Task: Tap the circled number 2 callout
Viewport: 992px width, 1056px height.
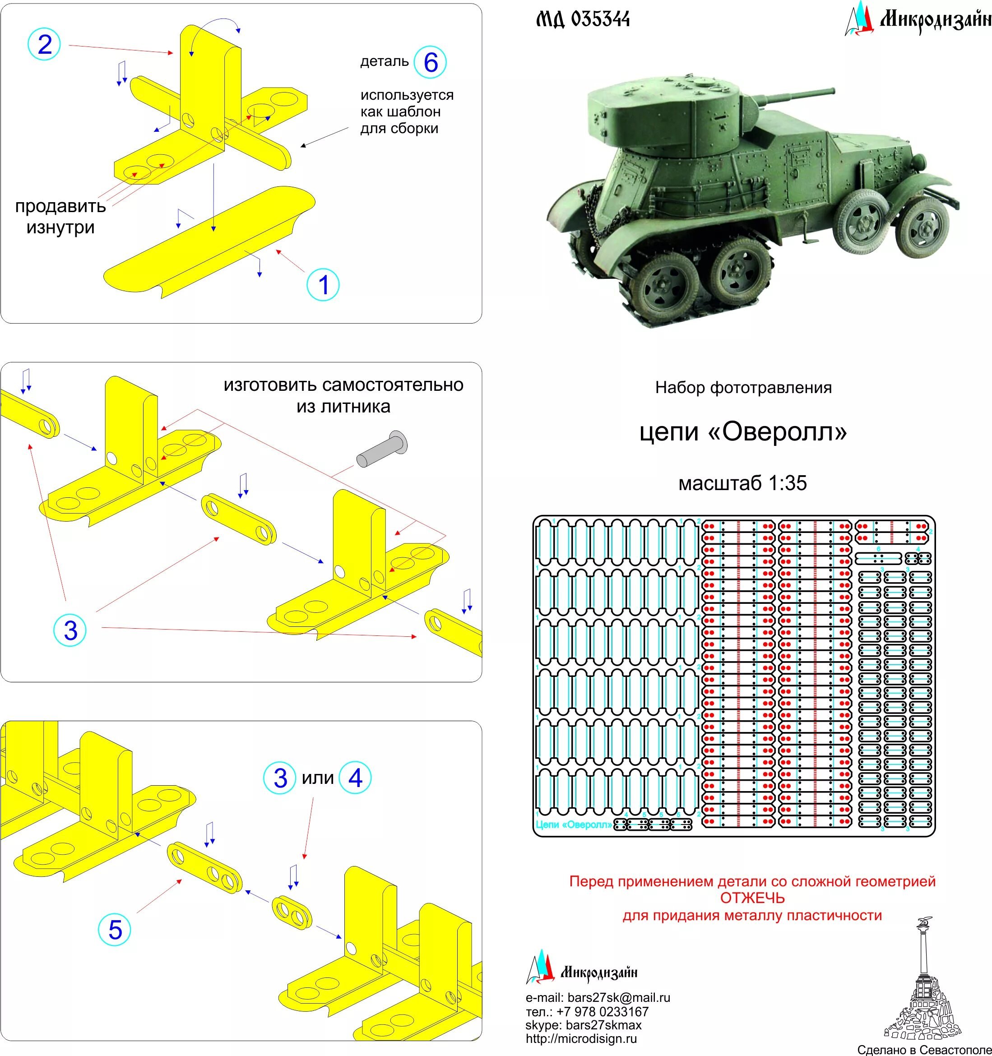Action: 44,44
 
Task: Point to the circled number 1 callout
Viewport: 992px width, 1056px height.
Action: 323,285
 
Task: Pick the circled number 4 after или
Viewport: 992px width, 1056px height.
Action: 354,778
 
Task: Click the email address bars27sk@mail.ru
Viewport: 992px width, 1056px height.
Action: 618,998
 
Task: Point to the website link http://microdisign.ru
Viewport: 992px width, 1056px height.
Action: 581,1038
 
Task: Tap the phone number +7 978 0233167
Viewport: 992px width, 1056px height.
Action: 603,1011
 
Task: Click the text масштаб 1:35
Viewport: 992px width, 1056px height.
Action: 743,483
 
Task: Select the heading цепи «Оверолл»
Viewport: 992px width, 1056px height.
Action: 743,432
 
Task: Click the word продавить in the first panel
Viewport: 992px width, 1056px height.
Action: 60,206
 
